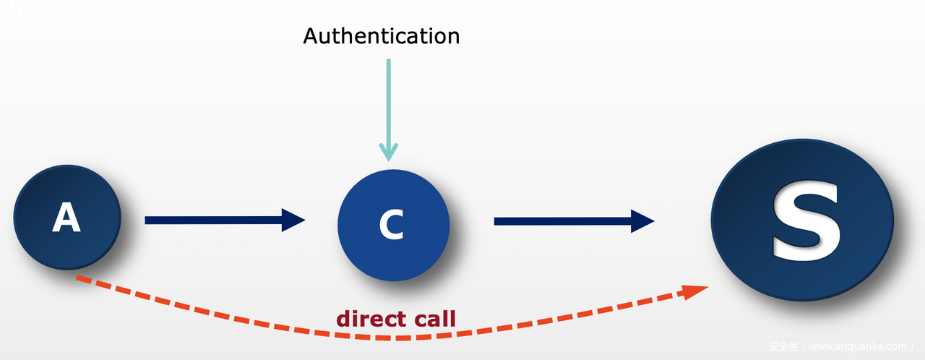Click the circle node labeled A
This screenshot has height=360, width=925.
pyautogui.click(x=66, y=217)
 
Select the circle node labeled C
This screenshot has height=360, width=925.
pyautogui.click(x=393, y=225)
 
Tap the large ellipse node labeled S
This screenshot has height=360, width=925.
pyautogui.click(x=802, y=218)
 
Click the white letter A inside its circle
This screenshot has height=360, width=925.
pyautogui.click(x=66, y=218)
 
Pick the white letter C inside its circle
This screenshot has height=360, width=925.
pyautogui.click(x=391, y=226)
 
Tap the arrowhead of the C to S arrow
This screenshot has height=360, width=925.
pyautogui.click(x=642, y=220)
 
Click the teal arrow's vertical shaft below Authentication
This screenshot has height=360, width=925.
pyautogui.click(x=389, y=101)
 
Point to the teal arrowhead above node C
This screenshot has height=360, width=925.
pyautogui.click(x=389, y=152)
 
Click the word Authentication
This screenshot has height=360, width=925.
pyautogui.click(x=381, y=36)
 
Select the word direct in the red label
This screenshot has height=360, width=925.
pyautogui.click(x=368, y=318)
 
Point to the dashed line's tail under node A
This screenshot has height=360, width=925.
pyautogui.click(x=81, y=278)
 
